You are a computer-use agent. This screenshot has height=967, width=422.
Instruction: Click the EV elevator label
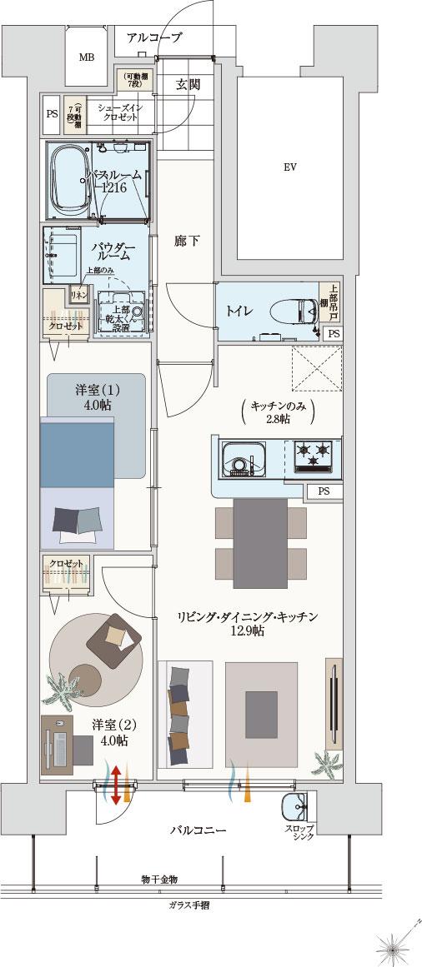point(289,167)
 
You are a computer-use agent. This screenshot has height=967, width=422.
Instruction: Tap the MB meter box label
point(86,57)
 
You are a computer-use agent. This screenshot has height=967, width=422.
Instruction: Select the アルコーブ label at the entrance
point(154,37)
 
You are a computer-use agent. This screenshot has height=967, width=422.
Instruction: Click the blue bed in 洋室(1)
point(76,454)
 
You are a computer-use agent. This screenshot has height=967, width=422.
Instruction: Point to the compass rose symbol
point(394,946)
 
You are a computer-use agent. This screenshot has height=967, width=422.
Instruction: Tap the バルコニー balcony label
point(198,830)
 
